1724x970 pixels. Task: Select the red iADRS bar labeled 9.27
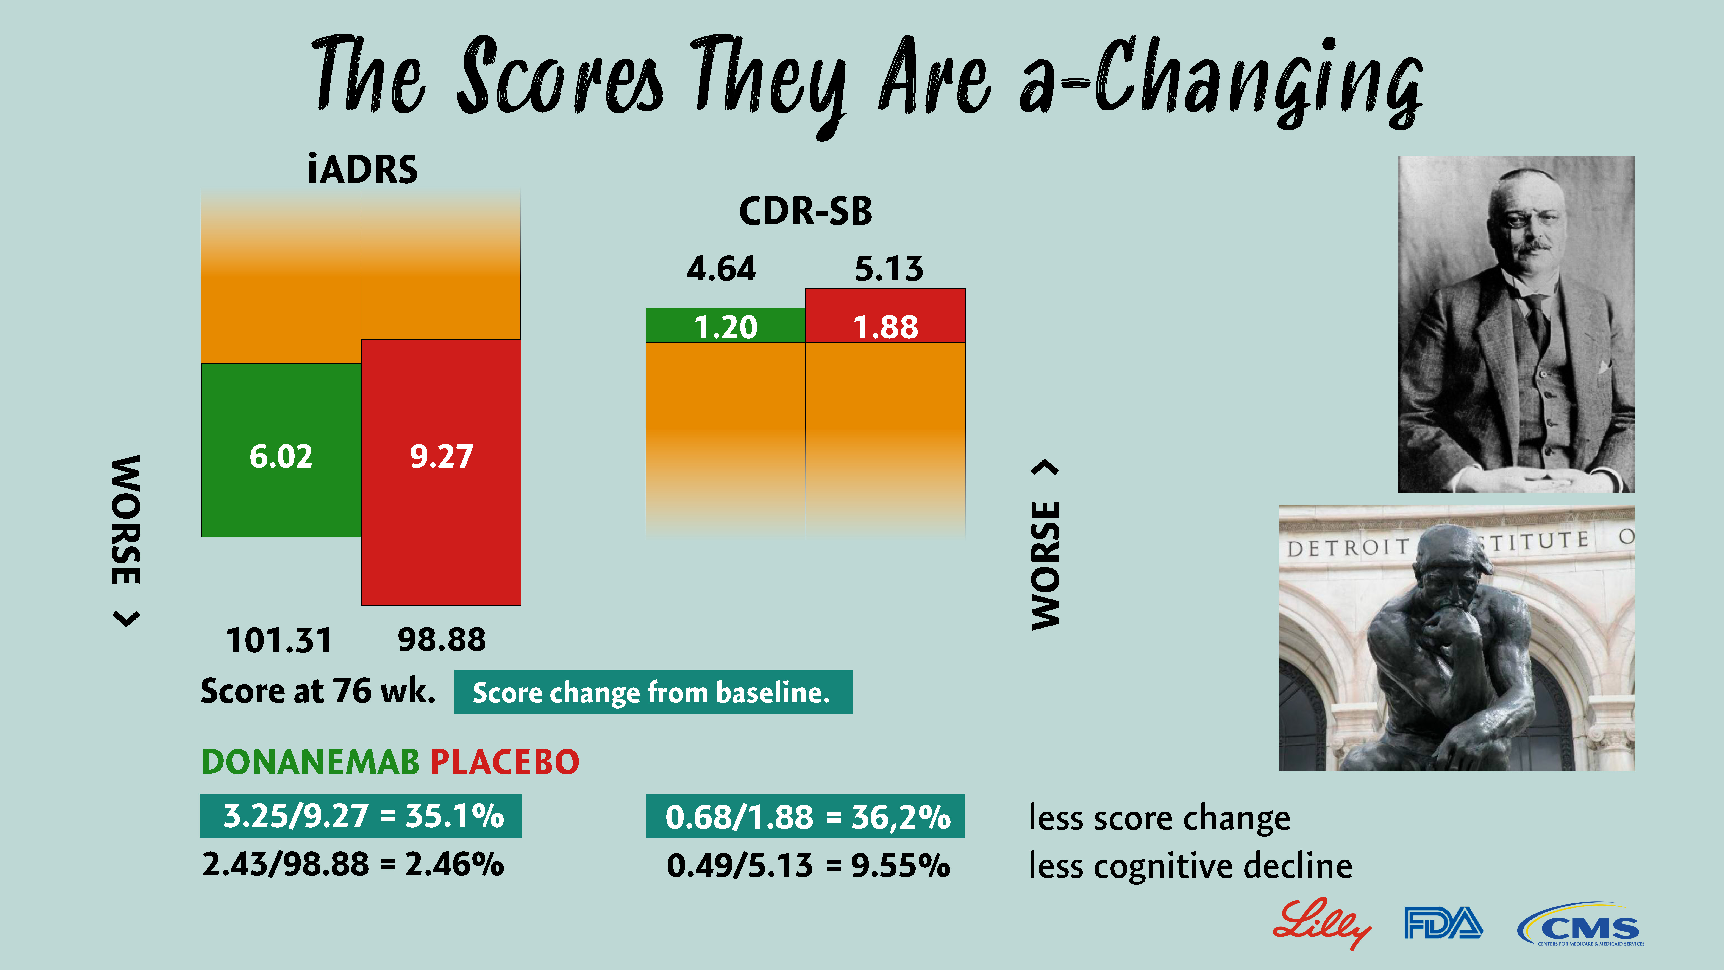(x=441, y=472)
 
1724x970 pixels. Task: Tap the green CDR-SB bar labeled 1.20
(x=725, y=326)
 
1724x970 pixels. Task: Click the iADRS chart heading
(x=362, y=169)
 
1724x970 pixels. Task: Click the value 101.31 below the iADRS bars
(x=278, y=640)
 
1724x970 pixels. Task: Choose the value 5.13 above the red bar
(x=889, y=269)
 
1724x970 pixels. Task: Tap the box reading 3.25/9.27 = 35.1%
(x=361, y=816)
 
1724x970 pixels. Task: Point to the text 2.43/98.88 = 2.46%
(x=353, y=864)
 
